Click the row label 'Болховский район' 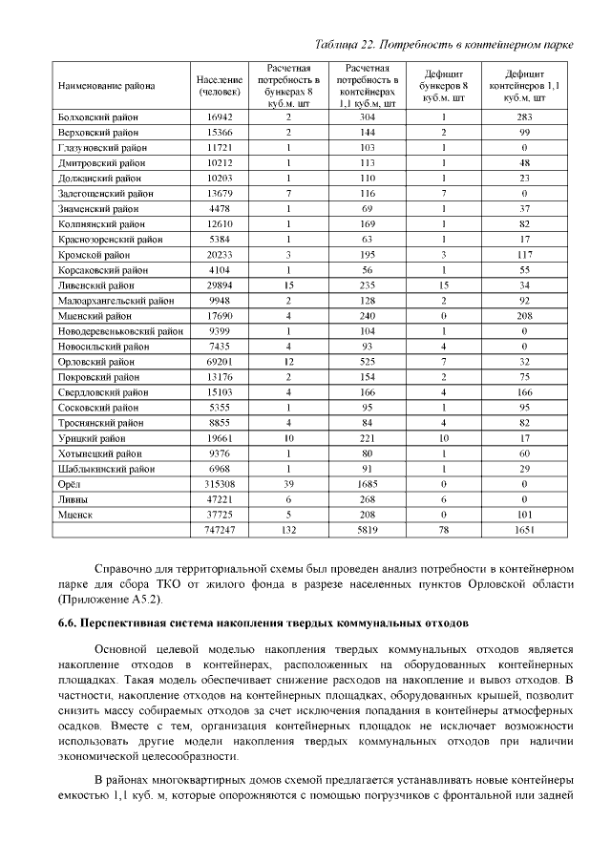[x=97, y=116]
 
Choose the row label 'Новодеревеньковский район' [x=119, y=331]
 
